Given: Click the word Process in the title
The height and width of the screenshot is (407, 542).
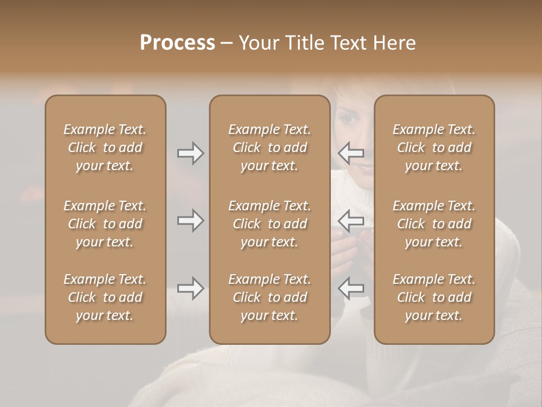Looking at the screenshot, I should click(177, 43).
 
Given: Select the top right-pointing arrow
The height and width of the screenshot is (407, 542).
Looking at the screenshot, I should click(190, 153).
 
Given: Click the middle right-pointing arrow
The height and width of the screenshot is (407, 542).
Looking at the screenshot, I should click(190, 220).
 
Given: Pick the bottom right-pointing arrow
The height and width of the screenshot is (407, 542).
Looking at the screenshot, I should click(190, 288).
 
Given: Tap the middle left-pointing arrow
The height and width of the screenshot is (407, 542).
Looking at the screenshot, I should click(351, 220).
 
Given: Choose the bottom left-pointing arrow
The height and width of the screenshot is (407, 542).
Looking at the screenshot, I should click(351, 288).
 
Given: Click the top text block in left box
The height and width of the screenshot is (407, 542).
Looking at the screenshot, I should click(105, 148).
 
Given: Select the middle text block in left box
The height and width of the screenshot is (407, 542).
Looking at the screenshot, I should click(105, 224).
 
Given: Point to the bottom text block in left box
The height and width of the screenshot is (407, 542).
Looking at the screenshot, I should click(105, 297).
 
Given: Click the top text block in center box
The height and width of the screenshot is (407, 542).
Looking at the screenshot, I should click(269, 148).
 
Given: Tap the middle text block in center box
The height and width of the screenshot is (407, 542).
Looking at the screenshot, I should click(269, 224).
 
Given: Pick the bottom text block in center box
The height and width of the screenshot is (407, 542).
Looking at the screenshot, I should click(269, 297).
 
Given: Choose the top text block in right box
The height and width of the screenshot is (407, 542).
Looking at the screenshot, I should click(434, 148).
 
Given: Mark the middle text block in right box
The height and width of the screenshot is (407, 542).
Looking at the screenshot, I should click(434, 224).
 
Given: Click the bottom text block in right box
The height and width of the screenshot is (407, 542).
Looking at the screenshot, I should click(434, 297).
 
